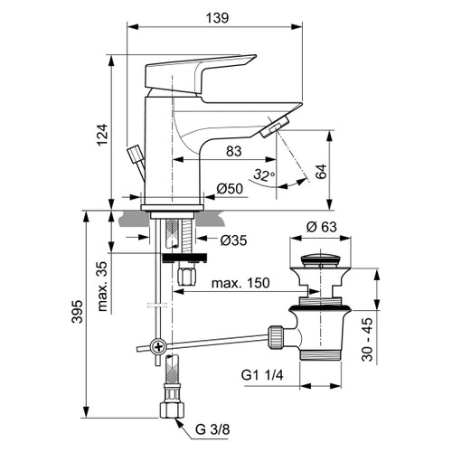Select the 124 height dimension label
pos(102,136)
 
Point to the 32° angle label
pos(262,174)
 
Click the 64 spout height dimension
pos(320,171)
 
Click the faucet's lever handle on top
pos(203,71)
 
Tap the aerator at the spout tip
pos(271,128)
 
